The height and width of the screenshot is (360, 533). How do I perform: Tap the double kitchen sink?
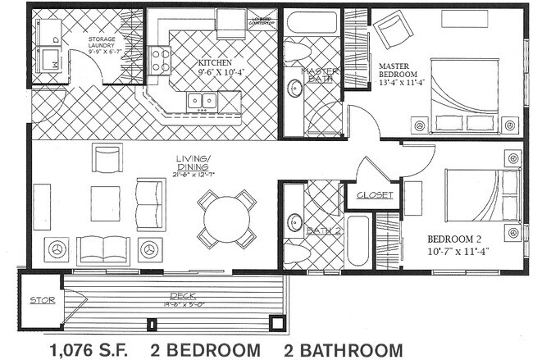202,101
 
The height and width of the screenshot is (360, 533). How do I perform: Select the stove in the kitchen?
160,60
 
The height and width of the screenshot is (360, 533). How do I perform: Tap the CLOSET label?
374,196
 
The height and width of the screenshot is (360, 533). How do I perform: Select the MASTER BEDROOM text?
399,72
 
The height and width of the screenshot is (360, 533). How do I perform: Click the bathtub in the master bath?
312,21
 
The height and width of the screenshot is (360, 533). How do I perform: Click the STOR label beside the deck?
42,300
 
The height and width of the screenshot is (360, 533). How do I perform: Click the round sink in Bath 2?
294,222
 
